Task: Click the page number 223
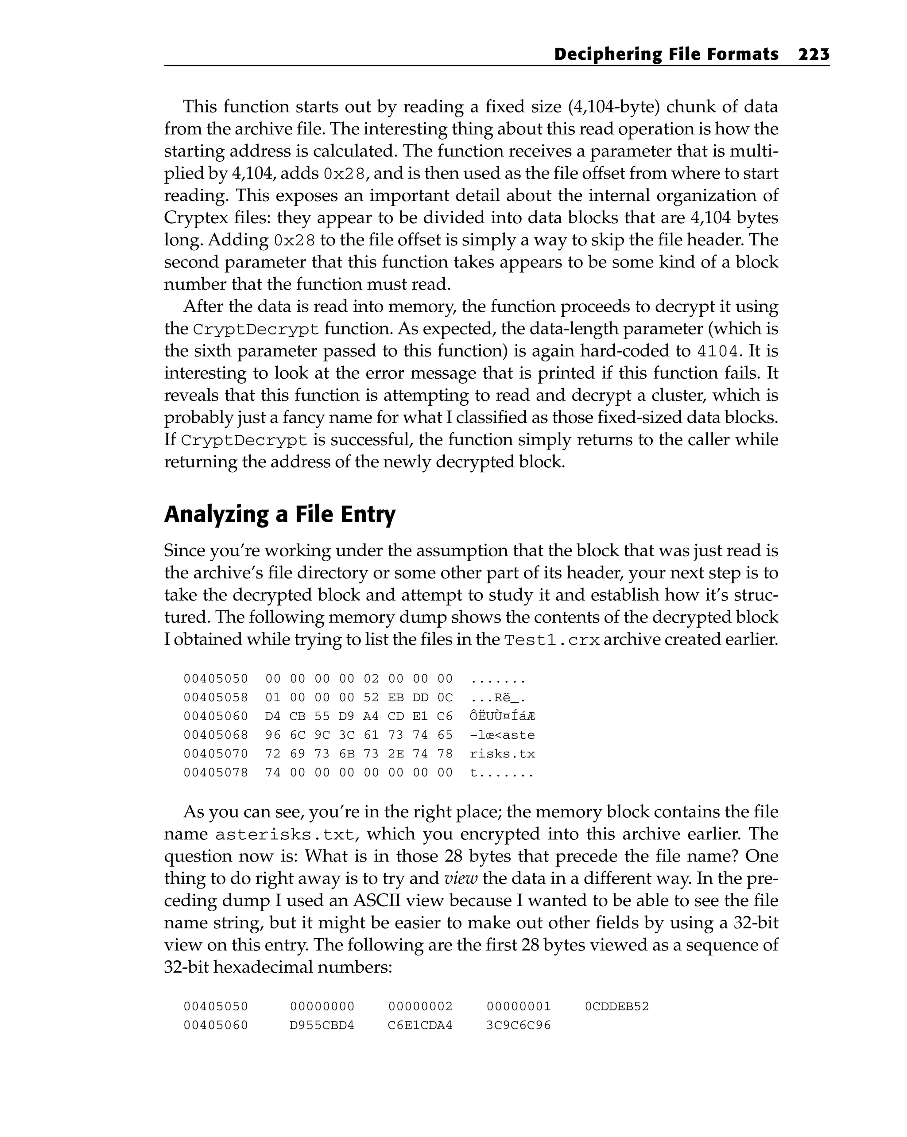pos(814,54)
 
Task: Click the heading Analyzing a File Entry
pos(279,514)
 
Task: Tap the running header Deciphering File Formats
pos(666,54)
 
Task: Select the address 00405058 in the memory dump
pos(216,697)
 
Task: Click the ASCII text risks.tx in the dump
pos(502,753)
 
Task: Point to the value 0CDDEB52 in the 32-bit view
pos(616,1006)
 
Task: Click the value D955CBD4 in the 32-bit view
pos(322,1025)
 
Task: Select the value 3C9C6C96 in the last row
pos(518,1025)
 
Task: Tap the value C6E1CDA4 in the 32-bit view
pos(420,1025)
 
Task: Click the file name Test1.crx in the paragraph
pos(551,640)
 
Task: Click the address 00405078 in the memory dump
pos(216,772)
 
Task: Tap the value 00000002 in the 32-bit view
pos(420,1006)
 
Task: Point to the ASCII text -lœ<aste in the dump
pos(502,735)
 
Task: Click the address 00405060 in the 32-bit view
pos(216,1025)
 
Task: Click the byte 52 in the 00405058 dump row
pos(371,697)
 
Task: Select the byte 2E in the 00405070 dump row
pos(395,753)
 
